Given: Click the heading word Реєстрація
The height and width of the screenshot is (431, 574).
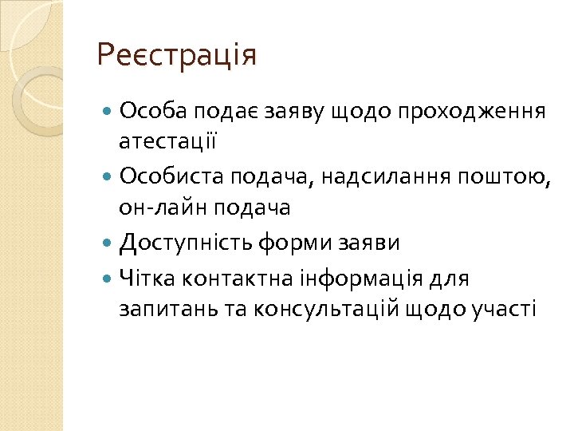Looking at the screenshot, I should [176, 56].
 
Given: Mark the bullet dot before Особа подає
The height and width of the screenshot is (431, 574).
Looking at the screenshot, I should [108, 110].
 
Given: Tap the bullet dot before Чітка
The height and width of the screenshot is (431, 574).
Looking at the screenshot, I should [108, 279].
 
